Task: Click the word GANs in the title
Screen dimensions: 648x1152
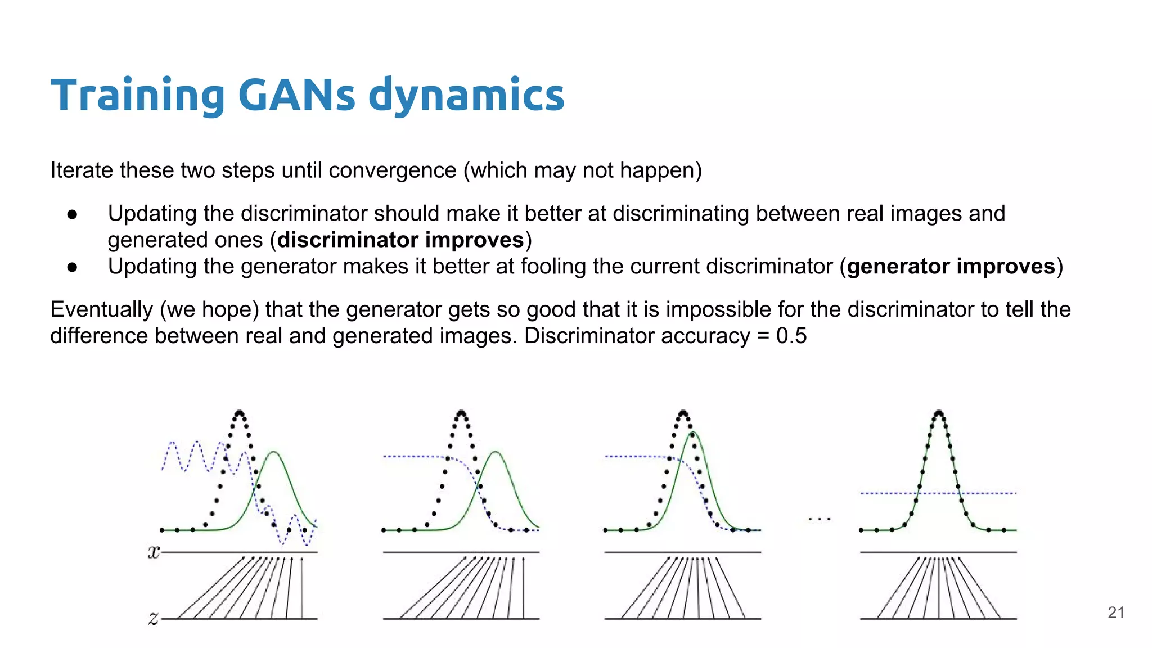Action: point(296,94)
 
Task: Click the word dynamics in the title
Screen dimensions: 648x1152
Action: point(466,96)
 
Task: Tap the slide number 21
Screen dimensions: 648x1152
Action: point(1115,613)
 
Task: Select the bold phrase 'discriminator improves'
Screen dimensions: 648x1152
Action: point(400,240)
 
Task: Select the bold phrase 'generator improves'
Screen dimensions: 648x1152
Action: point(951,267)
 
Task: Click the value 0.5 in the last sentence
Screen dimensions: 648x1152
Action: point(791,336)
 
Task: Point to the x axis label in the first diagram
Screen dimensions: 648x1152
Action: point(154,552)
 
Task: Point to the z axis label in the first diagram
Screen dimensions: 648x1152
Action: point(153,619)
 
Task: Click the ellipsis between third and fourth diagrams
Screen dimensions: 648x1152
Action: point(820,519)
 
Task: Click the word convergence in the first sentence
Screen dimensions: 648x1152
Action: point(392,170)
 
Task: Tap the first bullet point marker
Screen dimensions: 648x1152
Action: point(72,214)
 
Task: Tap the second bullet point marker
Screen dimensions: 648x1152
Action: point(72,267)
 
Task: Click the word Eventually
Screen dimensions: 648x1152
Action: point(101,310)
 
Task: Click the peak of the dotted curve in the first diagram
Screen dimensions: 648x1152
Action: point(240,412)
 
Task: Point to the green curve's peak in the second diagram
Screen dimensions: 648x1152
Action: point(496,452)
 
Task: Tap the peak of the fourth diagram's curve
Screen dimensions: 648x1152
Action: point(938,413)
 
